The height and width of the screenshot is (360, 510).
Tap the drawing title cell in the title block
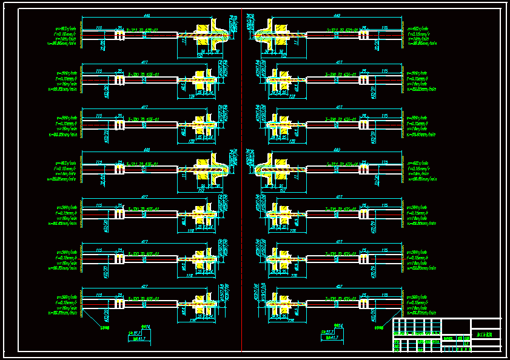point(486,334)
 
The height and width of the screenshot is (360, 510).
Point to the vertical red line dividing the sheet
point(241,182)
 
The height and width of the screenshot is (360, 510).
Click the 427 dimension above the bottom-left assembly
point(145,288)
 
